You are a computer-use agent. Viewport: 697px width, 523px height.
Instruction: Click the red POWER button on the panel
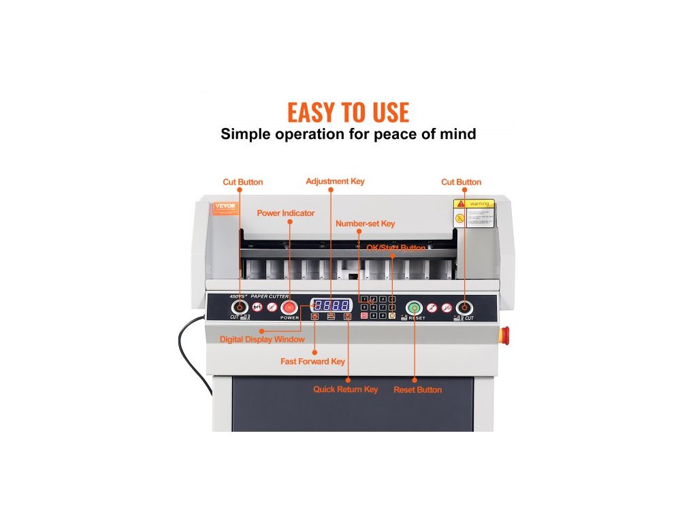(289, 308)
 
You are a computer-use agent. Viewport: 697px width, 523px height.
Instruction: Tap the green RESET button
(414, 308)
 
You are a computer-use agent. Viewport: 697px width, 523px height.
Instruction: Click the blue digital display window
(331, 306)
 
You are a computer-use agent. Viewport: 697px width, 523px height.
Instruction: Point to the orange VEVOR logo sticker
(224, 206)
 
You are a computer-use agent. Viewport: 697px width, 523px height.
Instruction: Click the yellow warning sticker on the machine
(474, 213)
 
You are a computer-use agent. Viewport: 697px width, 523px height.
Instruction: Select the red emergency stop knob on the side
(505, 334)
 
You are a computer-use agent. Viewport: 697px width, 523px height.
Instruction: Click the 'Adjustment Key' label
(335, 181)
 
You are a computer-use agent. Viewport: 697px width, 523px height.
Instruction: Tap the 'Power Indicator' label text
(285, 213)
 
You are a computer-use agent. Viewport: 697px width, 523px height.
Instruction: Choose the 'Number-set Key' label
(365, 223)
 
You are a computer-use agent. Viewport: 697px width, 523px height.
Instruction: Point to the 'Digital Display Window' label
(262, 339)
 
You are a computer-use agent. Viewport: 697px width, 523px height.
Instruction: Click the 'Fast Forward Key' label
(312, 362)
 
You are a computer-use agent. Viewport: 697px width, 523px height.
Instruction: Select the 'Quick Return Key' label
(345, 390)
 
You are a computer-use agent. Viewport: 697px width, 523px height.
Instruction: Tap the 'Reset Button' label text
(417, 390)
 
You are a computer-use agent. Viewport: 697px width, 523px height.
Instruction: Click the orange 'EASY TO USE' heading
(348, 112)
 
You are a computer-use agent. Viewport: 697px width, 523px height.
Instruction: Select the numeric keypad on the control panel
(378, 307)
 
